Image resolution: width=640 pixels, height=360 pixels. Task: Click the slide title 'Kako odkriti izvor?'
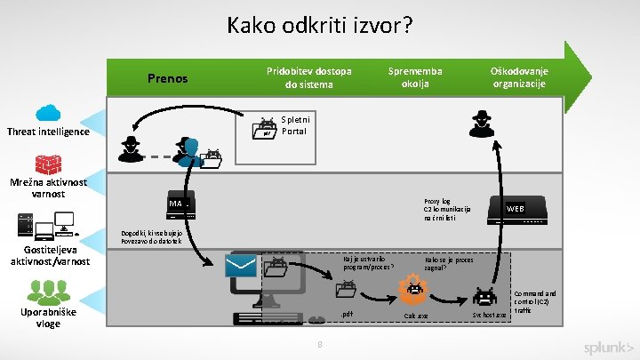pos(319,24)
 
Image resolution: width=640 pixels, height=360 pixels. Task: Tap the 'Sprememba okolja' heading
pos(415,77)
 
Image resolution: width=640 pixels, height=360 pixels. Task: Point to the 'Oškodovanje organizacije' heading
pos(520,77)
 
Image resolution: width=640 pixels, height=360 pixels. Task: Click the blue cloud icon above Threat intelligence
pos(47,113)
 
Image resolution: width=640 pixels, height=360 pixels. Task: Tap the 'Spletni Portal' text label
pos(294,124)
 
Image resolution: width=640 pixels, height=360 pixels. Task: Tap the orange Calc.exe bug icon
pos(413,289)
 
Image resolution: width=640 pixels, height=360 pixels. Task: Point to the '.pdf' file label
pos(347,314)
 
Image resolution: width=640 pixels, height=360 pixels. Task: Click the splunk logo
pos(609,347)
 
